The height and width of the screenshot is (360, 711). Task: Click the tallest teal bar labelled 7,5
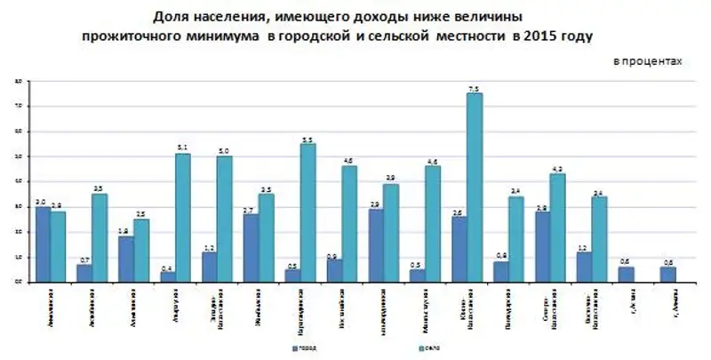[475, 187]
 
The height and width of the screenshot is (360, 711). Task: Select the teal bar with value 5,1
[182, 217]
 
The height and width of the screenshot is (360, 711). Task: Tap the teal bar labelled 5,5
[308, 212]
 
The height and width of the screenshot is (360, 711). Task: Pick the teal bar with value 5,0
[224, 219]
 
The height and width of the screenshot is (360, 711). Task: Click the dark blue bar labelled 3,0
[43, 244]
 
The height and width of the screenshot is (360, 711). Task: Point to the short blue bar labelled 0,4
[167, 276]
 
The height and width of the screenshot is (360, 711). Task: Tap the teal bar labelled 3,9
[391, 233]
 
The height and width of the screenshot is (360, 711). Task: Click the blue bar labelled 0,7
[84, 273]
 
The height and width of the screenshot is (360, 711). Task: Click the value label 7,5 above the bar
[474, 88]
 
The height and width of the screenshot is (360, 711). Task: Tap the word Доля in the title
[169, 18]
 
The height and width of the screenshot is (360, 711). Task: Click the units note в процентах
[648, 60]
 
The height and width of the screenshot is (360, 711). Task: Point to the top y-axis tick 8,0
[17, 81]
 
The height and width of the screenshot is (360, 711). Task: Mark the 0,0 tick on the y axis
[17, 282]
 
